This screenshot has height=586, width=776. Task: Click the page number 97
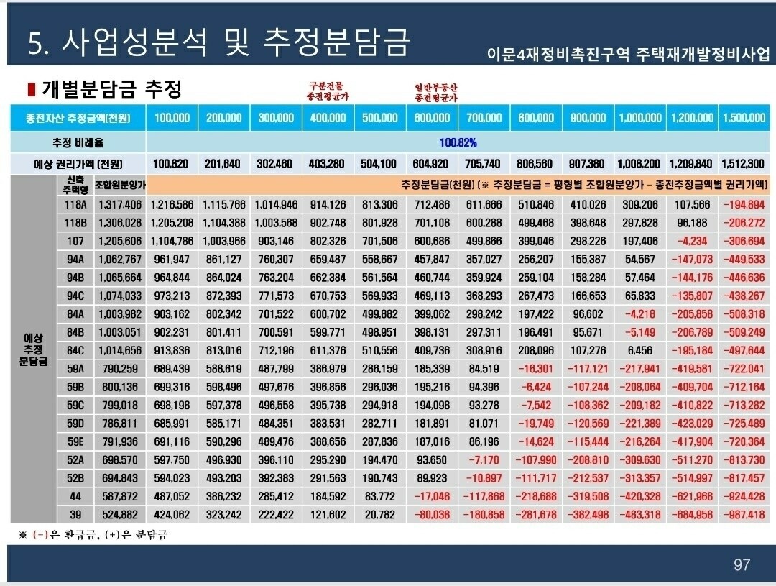coord(742,564)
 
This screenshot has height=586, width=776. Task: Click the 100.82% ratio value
coord(458,142)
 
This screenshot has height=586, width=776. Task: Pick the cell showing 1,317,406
coord(121,205)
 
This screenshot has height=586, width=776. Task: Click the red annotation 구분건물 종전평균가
coord(328,90)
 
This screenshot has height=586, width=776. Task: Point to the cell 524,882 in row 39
coord(121,514)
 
